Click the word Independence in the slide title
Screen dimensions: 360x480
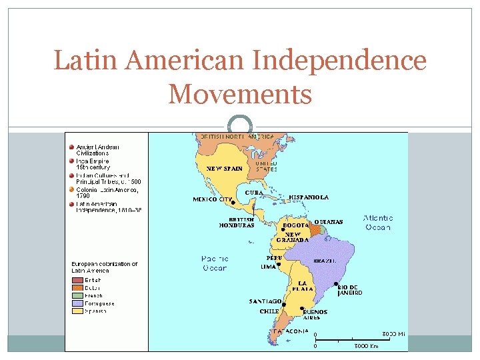point(339,61)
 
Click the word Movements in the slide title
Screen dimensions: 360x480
point(240,94)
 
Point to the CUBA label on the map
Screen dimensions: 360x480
point(254,192)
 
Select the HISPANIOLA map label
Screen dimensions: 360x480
point(309,197)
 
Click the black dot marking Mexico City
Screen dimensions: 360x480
point(233,203)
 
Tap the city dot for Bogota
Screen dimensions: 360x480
point(283,230)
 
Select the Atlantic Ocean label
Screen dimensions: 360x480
point(377,223)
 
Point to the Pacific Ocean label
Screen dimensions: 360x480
point(214,263)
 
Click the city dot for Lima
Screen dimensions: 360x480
point(279,264)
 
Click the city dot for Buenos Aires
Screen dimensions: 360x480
point(303,307)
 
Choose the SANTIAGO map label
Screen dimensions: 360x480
point(265,301)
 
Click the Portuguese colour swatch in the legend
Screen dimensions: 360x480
point(79,303)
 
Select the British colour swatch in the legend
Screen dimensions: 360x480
point(79,280)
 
